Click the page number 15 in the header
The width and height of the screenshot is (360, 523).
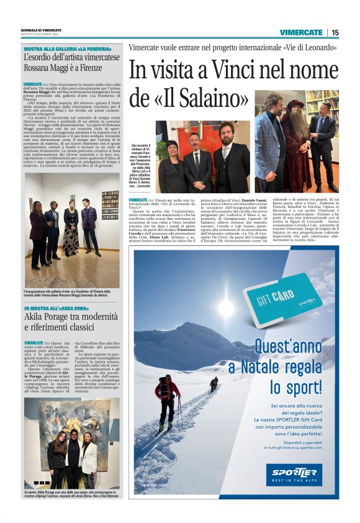[335, 32]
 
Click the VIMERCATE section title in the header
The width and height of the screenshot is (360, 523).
[300, 32]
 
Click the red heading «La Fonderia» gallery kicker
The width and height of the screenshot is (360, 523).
[67, 48]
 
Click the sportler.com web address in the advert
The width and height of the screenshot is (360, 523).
[155, 484]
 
